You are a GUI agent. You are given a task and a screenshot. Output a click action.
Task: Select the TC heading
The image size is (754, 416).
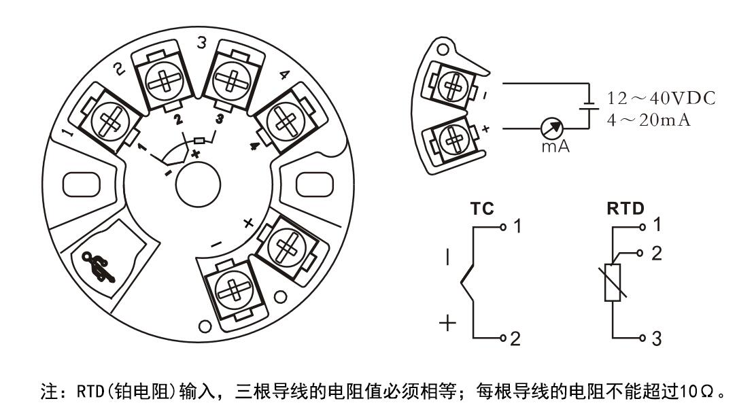click(481, 209)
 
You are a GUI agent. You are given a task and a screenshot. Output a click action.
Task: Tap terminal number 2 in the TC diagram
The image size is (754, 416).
click(515, 339)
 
